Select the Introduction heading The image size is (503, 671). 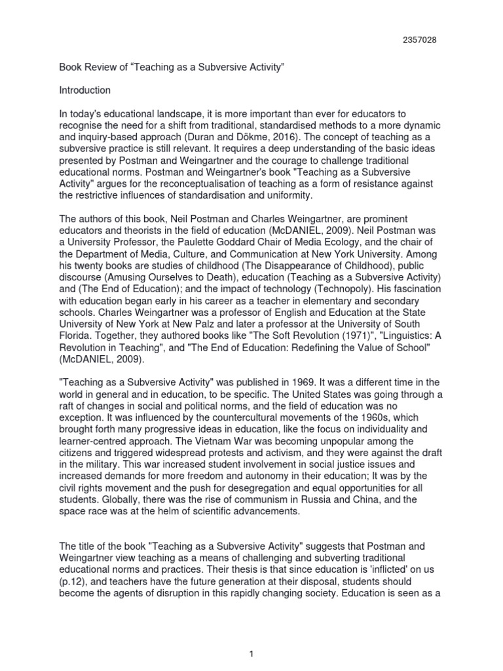pos(84,90)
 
